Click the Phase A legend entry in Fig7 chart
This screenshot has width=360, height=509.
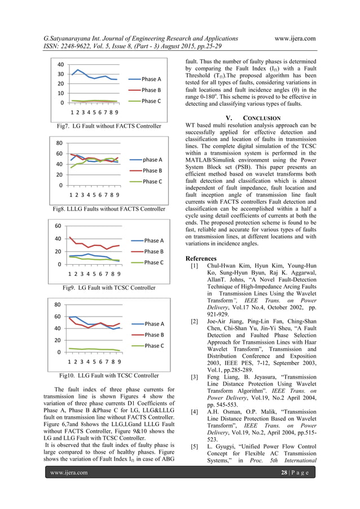(x=151, y=79)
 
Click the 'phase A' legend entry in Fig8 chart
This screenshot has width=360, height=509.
(x=152, y=160)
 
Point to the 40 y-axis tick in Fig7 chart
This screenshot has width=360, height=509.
(x=59, y=64)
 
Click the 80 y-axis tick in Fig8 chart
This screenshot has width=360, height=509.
(x=58, y=143)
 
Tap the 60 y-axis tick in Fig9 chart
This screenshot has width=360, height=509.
(x=58, y=226)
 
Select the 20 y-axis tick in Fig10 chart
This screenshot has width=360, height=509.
(x=58, y=340)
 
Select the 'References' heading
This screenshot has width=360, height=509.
(x=201, y=258)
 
